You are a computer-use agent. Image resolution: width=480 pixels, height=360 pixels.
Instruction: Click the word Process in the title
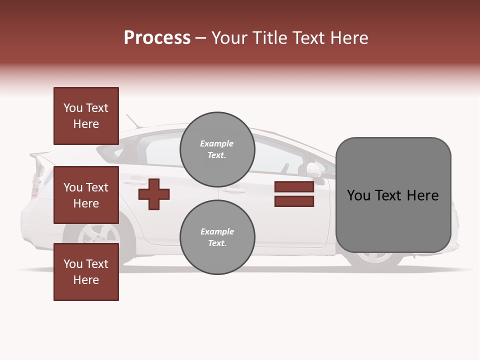tap(157, 38)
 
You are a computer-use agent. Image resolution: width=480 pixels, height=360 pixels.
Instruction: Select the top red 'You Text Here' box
tap(86, 116)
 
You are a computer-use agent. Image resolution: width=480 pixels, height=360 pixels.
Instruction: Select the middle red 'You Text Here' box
tap(86, 195)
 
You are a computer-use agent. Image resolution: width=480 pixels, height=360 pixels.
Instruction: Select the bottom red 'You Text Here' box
tap(86, 272)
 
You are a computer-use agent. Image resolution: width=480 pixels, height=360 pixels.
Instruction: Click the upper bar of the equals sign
tap(294, 187)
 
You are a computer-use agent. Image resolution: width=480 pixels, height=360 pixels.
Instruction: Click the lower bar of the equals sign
tap(294, 201)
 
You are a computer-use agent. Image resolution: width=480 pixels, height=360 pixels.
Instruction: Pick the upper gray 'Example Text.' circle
tap(217, 149)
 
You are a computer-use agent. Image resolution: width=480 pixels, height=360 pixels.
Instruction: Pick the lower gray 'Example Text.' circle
tap(217, 237)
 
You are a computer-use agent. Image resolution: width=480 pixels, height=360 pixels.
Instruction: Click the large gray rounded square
tap(393, 195)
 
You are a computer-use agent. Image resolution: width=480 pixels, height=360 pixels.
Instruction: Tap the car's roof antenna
tap(133, 121)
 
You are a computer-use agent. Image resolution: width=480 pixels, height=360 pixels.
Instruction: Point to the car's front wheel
tap(375, 257)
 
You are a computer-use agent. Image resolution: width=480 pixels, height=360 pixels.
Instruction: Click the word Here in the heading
tap(348, 38)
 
